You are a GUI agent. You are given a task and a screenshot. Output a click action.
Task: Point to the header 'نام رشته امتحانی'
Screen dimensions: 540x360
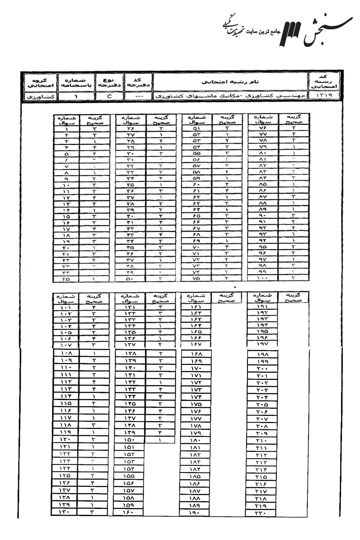point(229,82)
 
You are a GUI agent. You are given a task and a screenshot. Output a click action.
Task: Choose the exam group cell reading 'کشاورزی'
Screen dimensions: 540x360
point(35,96)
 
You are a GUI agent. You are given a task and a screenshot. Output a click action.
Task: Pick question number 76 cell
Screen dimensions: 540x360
point(264,129)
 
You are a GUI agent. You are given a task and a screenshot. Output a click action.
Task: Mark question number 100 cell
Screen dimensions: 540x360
point(263,279)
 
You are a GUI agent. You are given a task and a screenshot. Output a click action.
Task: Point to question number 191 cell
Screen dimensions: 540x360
point(264,307)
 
